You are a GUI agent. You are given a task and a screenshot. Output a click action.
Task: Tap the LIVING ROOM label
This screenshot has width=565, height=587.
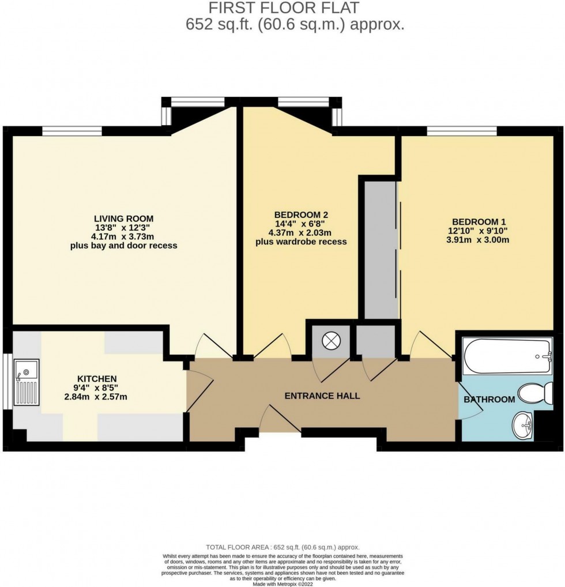click(x=123, y=218)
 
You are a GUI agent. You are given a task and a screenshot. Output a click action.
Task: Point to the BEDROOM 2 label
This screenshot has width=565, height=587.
click(x=301, y=215)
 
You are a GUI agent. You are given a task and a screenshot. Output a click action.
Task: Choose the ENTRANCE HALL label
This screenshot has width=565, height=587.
click(x=322, y=396)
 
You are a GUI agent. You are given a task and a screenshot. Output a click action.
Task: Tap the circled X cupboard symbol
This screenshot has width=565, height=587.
click(x=331, y=341)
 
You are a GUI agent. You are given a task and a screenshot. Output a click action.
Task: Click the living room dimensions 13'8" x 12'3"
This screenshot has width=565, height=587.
click(x=123, y=227)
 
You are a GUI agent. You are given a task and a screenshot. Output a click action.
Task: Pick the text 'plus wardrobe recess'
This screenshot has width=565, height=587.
click(x=301, y=242)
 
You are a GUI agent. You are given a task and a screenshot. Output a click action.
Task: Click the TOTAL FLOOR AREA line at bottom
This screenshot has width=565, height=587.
click(x=282, y=547)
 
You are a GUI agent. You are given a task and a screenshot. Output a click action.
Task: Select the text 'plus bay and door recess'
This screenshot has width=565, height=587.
click(x=123, y=246)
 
